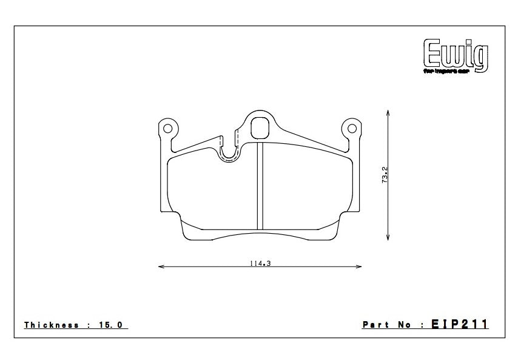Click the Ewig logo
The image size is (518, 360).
(454, 54)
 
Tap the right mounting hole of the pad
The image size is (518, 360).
(350, 128)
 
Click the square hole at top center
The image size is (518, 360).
(260, 127)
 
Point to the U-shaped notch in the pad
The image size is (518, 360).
(229, 152)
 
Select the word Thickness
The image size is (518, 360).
(52, 325)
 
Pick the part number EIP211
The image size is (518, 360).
(460, 325)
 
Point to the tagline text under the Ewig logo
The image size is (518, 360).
(454, 71)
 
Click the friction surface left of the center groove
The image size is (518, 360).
(212, 194)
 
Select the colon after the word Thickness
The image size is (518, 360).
(89, 325)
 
